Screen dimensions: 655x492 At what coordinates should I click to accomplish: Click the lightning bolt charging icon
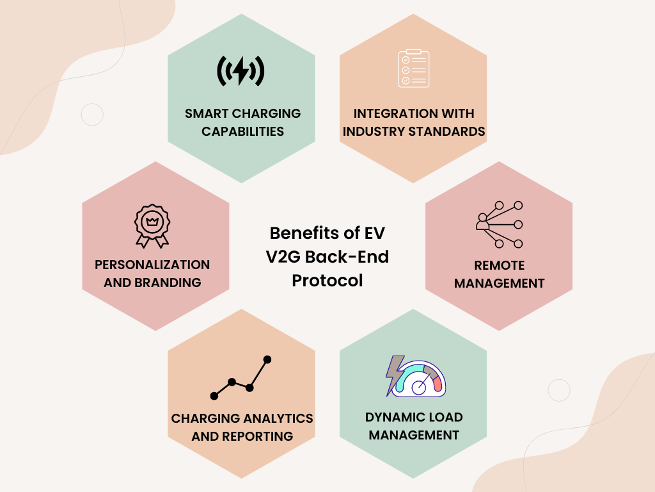241,71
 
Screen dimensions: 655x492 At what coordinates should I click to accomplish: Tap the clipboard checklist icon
414,69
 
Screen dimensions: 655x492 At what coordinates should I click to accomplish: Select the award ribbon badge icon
152,226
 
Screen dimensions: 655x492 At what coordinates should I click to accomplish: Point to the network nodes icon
499,225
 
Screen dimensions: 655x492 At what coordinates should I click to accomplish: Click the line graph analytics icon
241,378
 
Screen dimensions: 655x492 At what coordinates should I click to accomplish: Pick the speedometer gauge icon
416,376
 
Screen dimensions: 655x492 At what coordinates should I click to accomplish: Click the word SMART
207,113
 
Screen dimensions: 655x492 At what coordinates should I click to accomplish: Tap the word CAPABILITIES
242,131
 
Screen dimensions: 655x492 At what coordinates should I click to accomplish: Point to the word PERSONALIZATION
152,265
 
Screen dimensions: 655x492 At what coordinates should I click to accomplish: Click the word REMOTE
499,265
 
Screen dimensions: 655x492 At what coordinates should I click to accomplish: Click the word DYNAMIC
391,417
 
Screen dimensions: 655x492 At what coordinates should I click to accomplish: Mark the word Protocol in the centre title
327,281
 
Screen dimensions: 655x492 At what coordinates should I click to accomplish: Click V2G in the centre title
283,256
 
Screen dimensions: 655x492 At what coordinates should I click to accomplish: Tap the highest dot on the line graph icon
267,359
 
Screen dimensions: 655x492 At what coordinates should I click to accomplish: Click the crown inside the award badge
152,221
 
